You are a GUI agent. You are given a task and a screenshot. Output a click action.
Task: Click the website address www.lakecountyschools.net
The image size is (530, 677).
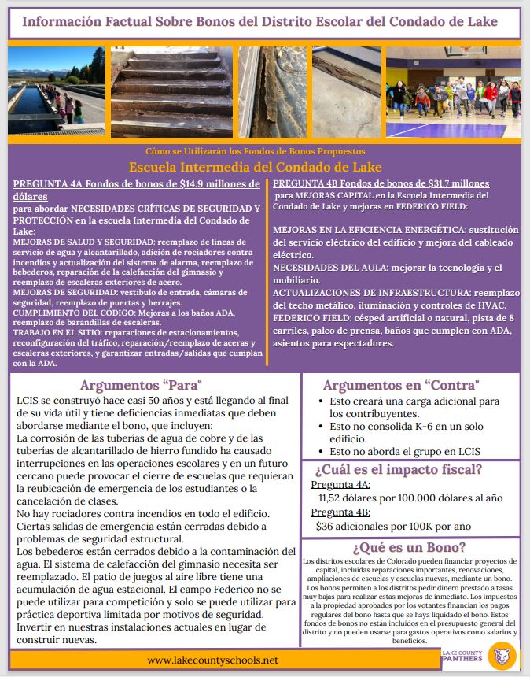(213, 660)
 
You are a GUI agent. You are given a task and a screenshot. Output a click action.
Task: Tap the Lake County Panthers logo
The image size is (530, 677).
(500, 655)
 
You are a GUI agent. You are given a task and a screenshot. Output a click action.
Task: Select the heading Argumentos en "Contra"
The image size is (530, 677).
(401, 386)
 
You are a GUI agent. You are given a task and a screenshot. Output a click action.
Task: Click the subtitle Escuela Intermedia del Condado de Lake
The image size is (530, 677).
(256, 167)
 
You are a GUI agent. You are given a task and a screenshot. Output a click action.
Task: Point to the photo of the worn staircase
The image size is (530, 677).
(171, 92)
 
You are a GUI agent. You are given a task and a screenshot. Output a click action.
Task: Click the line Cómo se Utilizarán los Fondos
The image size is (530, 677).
(256, 150)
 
